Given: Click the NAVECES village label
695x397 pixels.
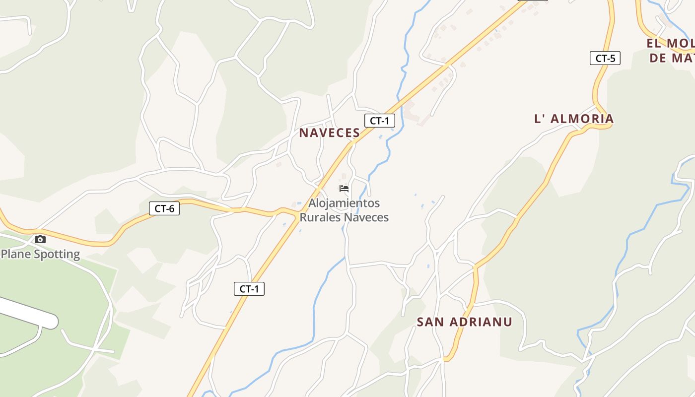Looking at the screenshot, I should click(329, 133).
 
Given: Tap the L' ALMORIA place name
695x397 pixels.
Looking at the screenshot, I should click(574, 119).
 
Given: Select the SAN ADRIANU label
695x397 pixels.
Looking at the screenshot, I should click(464, 322).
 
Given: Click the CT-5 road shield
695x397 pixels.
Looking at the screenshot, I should click(605, 58).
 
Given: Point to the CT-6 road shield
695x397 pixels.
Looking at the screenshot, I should click(164, 208).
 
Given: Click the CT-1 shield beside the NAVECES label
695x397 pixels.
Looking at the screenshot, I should click(380, 120).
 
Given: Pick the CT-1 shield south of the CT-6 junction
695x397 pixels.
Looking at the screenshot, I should click(249, 289).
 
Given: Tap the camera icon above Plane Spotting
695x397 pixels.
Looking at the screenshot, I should click(40, 240).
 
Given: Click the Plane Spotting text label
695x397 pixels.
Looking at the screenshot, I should click(40, 254).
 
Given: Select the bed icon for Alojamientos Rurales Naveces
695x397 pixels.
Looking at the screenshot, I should click(344, 189).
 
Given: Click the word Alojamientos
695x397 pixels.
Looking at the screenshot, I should click(344, 203).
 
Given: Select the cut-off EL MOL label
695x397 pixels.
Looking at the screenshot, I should click(670, 43).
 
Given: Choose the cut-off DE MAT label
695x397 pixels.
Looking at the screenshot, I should click(671, 58).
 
